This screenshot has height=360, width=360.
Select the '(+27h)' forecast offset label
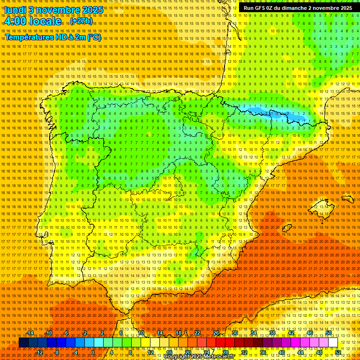click(81, 21)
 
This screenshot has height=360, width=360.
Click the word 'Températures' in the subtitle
click(29, 37)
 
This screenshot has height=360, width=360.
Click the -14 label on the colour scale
click(30, 333)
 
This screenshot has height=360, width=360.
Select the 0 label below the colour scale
click(93, 352)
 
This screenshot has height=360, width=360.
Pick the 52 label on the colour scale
click(338, 352)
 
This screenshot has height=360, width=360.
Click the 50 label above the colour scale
click(329, 333)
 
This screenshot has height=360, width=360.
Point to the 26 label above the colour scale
click(216, 333)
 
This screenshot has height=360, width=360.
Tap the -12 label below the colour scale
click(40, 352)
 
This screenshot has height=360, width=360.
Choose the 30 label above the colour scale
click(235, 333)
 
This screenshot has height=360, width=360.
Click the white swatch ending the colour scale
click(333, 343)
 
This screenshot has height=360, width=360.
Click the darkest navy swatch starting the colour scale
click(23, 343)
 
